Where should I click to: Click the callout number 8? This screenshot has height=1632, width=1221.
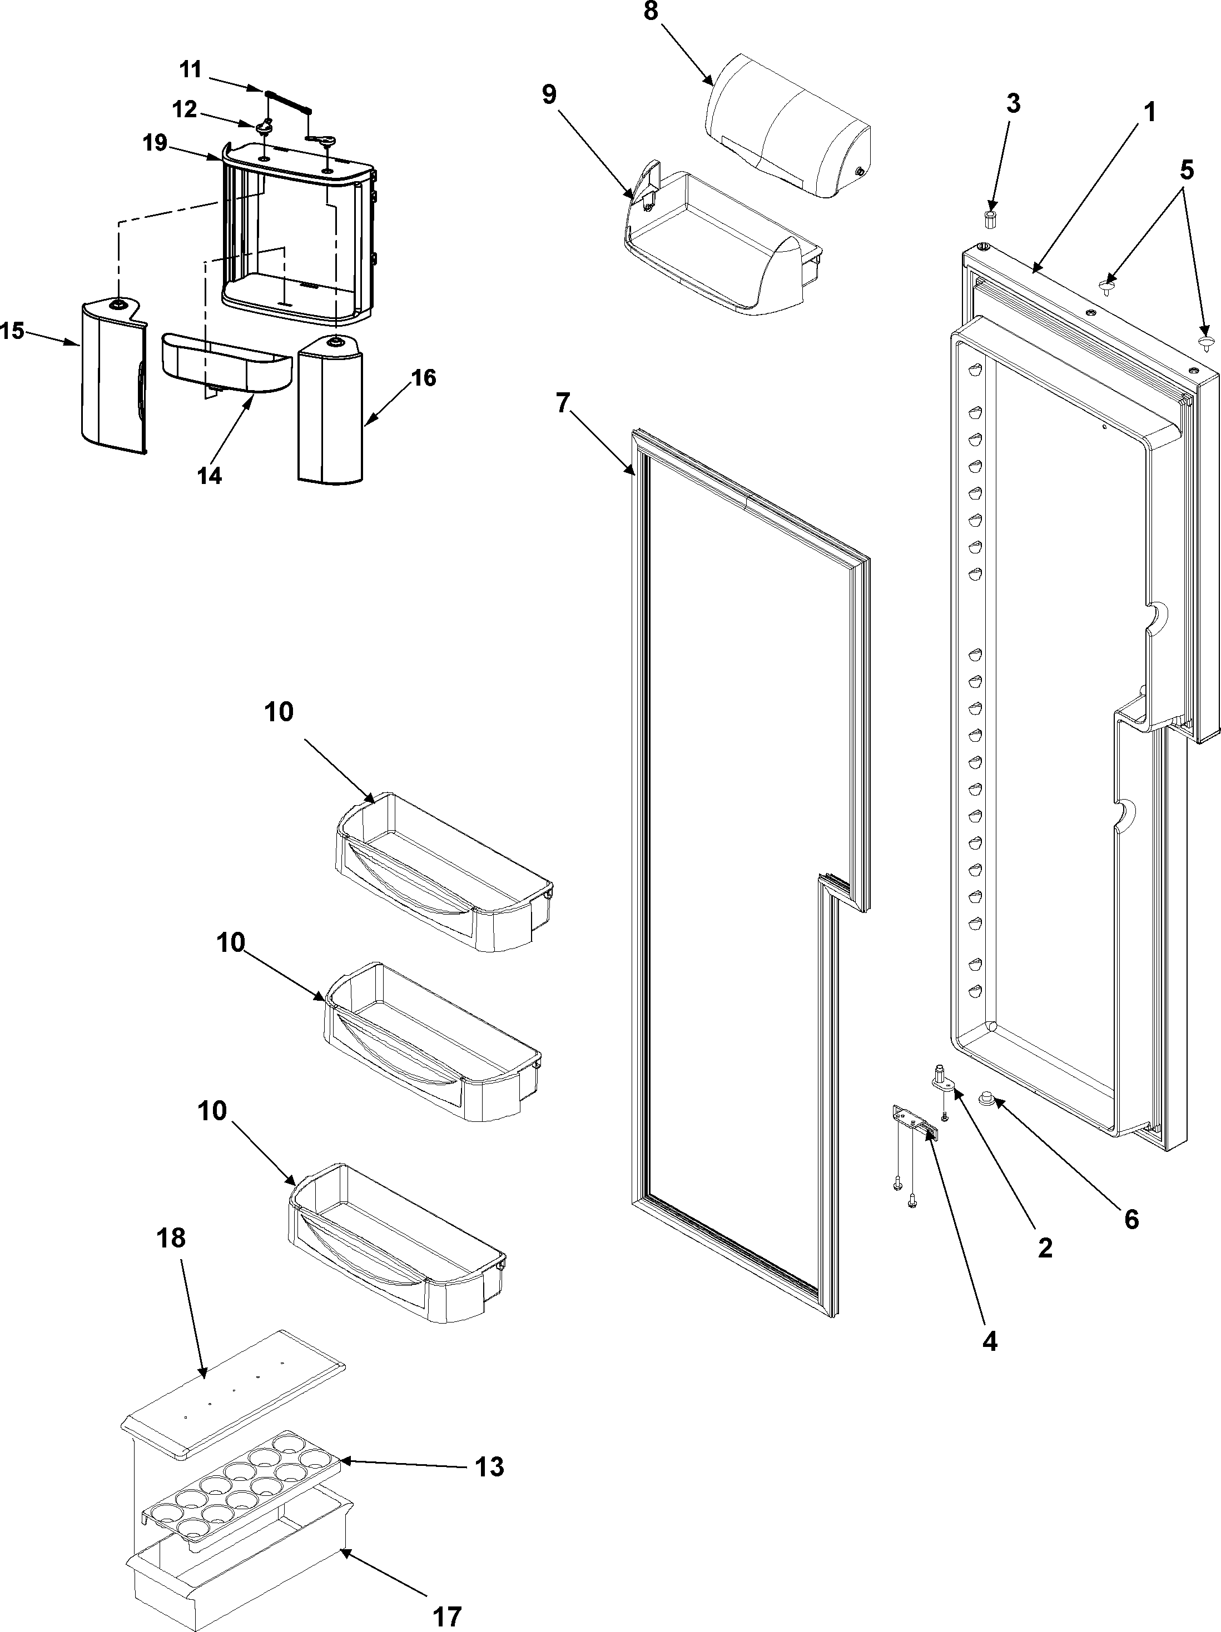[x=651, y=13]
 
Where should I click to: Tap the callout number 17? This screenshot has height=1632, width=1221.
[x=446, y=1616]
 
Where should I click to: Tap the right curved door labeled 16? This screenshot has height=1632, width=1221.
[x=330, y=410]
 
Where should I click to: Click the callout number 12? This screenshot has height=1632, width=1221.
[x=185, y=109]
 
